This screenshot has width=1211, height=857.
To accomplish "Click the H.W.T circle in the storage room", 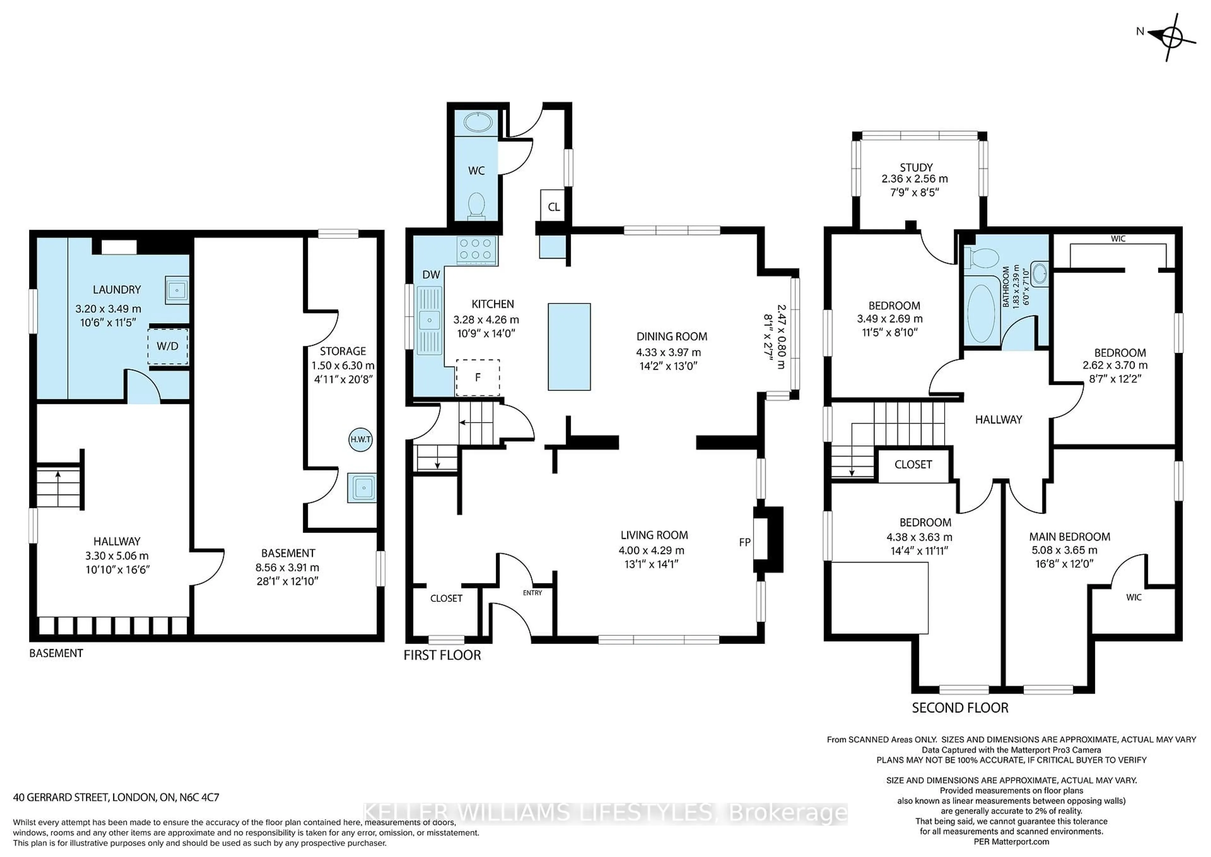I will click(x=361, y=439).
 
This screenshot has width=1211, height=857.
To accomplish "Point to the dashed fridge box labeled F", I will click(x=478, y=377).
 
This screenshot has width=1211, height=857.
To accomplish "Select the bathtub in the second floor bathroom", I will click(x=981, y=313).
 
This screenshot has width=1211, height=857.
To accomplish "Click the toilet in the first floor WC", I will click(x=476, y=206).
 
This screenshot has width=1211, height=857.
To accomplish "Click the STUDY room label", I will click(x=916, y=167).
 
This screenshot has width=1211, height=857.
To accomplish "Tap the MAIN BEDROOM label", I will click(x=1070, y=537).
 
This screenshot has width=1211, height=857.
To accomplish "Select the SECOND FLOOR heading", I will click(x=960, y=708).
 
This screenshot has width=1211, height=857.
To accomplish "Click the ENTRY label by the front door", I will click(x=532, y=593).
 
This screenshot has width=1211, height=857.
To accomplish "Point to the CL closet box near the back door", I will click(x=553, y=206).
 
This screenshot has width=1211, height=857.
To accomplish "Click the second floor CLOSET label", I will click(x=913, y=464).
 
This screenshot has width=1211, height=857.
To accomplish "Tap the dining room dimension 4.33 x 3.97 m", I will click(x=668, y=352).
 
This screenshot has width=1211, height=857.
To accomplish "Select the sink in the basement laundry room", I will click(x=177, y=290).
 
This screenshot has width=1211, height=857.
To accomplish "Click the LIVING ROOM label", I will click(x=654, y=535).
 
